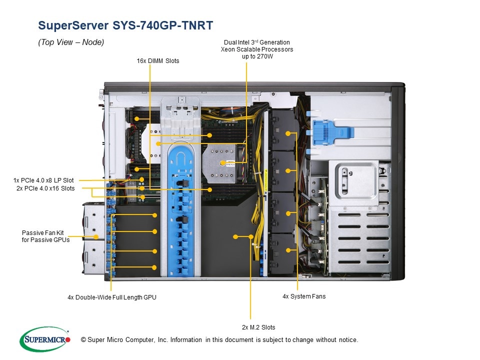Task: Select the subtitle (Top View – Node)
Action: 71,43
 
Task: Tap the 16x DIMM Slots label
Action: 158,61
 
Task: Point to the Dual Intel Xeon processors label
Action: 257,49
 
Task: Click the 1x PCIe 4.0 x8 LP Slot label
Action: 43,180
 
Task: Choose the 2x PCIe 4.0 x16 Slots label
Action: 45,188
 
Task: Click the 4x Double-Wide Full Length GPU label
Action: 112,297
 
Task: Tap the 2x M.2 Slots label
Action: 258,327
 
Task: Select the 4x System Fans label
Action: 304,296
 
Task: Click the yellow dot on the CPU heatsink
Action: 222,163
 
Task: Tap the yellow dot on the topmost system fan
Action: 288,133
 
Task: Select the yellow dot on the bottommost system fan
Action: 288,250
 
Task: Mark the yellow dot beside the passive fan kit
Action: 95,236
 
